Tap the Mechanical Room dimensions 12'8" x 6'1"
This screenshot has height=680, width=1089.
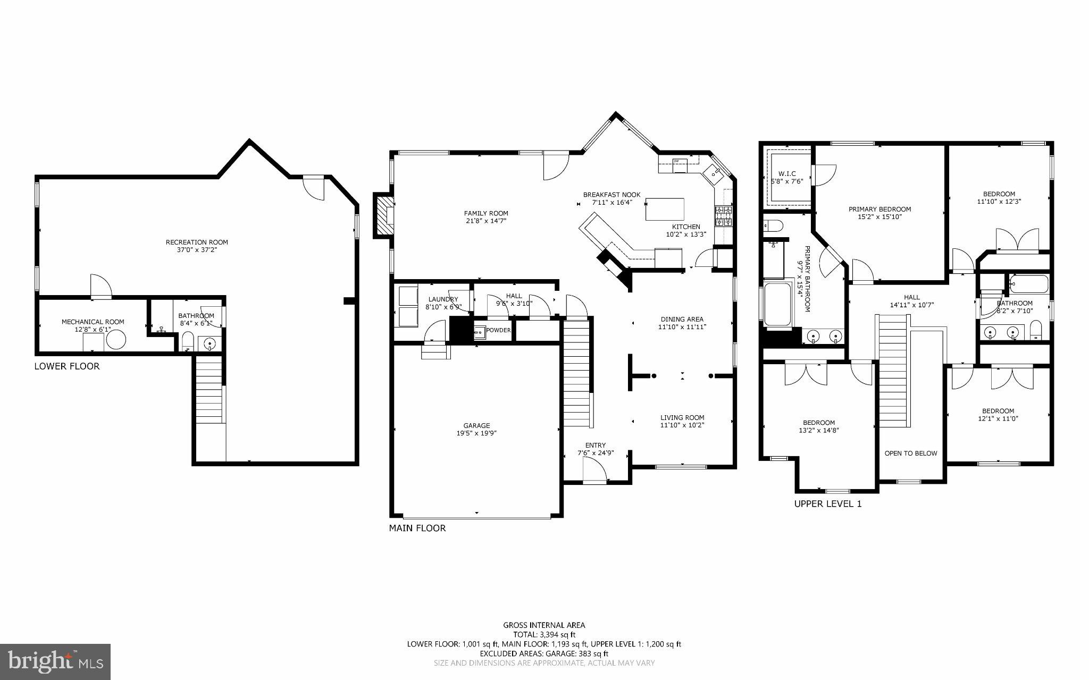point(93,330)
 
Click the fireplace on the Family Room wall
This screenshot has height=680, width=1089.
point(382,215)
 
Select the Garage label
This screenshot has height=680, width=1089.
point(476,425)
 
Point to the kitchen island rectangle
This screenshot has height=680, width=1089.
point(665,209)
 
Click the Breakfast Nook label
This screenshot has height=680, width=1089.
point(611,195)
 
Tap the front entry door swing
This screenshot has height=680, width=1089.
point(594,470)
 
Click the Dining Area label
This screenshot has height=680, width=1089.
point(682,319)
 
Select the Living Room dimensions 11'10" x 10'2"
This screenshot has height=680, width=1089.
point(682,425)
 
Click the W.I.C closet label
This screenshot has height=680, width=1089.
point(787,174)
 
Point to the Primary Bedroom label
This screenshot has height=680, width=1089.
point(879,209)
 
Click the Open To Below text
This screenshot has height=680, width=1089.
point(911,453)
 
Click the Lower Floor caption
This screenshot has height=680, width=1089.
point(67,366)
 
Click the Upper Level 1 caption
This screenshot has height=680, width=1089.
point(827,504)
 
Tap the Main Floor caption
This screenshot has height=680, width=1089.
point(417,528)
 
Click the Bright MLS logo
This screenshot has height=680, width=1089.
point(55,661)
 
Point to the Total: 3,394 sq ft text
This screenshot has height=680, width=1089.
point(544,634)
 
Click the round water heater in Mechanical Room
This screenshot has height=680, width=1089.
point(115,340)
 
